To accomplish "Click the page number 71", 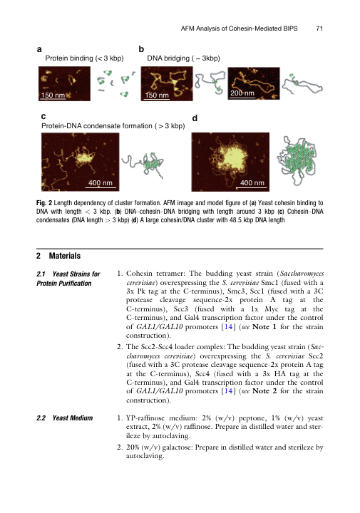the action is (319, 28).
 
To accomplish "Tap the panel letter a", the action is (39, 49).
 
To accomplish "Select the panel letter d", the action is (195, 118).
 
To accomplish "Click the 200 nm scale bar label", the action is (242, 93).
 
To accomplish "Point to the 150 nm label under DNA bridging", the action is (157, 95).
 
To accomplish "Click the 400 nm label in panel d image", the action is (252, 183).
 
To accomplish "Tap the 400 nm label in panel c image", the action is (100, 183).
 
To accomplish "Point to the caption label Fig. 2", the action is (44, 203).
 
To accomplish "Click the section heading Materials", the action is (65, 256).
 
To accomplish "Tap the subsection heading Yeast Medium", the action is (73, 418).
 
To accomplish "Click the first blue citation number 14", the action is (228, 326).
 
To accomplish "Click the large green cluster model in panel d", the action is (297, 160).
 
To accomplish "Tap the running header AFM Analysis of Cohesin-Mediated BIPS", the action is (240, 28).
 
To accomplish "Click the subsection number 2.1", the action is (41, 274).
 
